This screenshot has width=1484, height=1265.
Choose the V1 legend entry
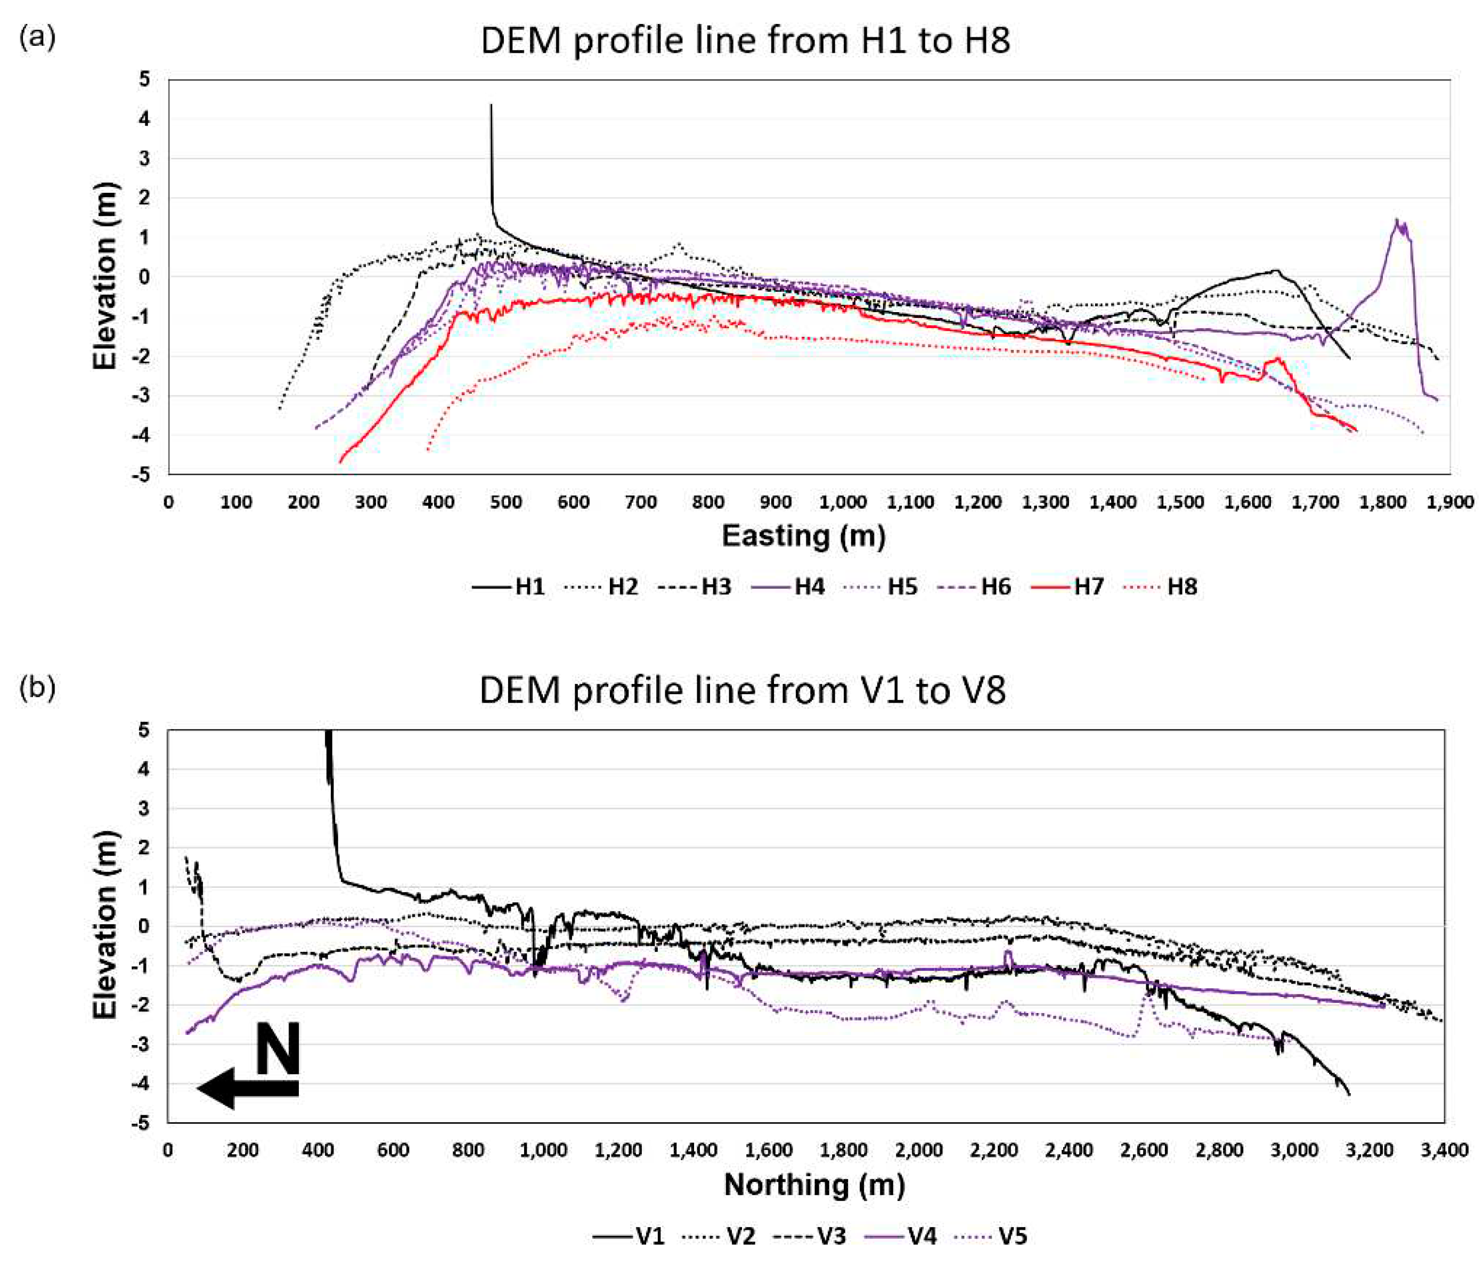629,1236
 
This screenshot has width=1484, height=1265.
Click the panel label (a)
37,36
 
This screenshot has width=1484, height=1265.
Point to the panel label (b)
37,688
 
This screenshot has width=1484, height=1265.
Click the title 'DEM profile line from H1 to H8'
745,41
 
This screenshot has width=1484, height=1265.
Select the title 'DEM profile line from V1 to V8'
742,691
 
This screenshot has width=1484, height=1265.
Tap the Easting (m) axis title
804,536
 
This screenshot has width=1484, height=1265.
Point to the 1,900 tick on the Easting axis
1449,503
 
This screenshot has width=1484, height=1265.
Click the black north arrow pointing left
247,1089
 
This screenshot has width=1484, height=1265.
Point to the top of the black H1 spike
491,106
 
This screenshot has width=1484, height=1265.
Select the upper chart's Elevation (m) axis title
105,276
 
